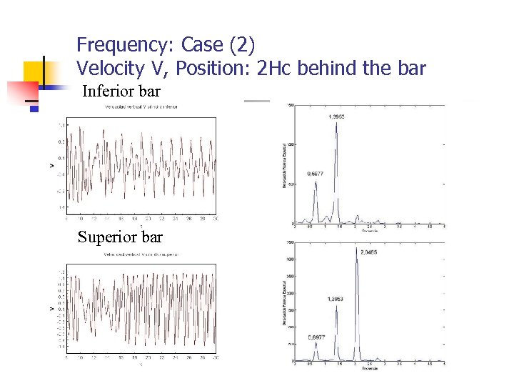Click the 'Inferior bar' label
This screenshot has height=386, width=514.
[x=121, y=91]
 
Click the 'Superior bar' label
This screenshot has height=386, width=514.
[x=120, y=237]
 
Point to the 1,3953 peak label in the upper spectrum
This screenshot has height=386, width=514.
[x=338, y=117]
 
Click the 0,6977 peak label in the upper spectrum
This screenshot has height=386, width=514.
[x=316, y=174]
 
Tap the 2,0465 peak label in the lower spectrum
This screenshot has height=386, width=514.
[x=369, y=252]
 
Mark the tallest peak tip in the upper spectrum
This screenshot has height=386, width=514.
[x=336, y=122]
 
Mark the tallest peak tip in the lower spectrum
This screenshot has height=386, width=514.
[x=357, y=248]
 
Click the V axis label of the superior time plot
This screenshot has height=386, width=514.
[x=51, y=310]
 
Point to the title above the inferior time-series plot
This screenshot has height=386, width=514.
[x=141, y=107]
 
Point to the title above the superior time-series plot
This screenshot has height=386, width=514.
[x=141, y=253]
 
